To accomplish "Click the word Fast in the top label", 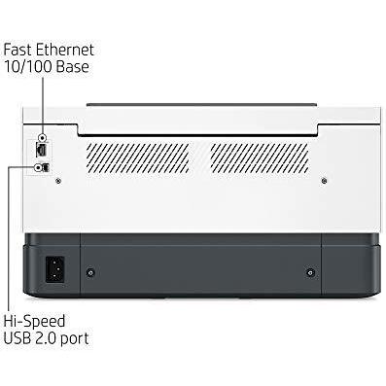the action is (x=18, y=50).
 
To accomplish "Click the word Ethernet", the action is (x=65, y=50).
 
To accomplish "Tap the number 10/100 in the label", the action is (x=28, y=66).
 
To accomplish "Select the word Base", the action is (x=72, y=66).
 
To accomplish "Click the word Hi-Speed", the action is (x=34, y=322).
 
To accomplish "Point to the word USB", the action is (x=18, y=338).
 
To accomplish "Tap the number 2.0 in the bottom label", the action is (x=46, y=338).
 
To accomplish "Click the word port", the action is (x=75, y=339).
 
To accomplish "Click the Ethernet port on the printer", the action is (x=42, y=150).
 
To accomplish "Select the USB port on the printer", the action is (x=47, y=167).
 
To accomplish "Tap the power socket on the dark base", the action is (x=54, y=269).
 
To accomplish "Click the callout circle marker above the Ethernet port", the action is (x=42, y=138).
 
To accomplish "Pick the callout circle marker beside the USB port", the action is (x=38, y=167).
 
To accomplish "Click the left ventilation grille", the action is (x=138, y=158).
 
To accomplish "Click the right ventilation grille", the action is (x=260, y=158).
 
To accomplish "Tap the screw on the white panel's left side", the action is (x=58, y=181).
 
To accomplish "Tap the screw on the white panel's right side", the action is (x=324, y=181).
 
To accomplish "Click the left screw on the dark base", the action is (x=90, y=272).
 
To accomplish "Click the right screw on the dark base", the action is (x=310, y=272).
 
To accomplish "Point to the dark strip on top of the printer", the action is (x=201, y=105).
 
